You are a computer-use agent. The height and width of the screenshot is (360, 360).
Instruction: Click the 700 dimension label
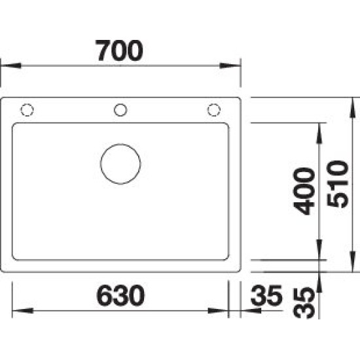point(119,51)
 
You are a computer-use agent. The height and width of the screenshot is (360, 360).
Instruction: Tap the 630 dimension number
point(120,295)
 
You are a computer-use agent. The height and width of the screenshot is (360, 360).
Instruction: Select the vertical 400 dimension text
point(304,191)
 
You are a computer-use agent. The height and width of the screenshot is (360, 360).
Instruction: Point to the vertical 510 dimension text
point(338,184)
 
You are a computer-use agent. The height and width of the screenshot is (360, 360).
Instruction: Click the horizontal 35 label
point(266,295)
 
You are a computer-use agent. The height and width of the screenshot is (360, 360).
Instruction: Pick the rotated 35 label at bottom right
point(304,302)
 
